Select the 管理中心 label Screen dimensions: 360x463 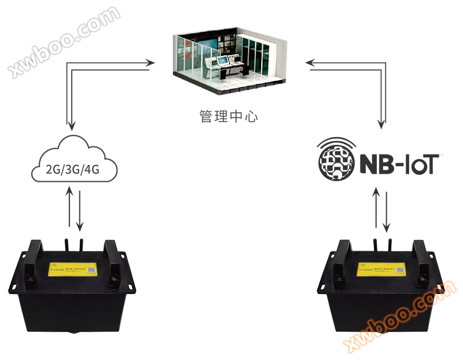pyautogui.click(x=229, y=116)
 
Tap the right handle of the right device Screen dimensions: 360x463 pyautogui.click(x=421, y=255)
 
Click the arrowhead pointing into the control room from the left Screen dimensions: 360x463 pyautogui.click(x=151, y=62)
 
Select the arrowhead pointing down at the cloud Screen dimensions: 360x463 pyautogui.click(x=71, y=124)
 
